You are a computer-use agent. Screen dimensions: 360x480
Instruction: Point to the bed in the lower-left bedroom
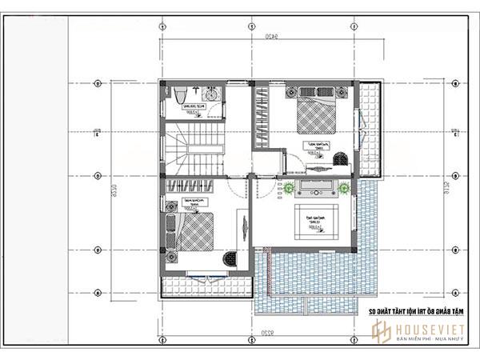click(194, 233)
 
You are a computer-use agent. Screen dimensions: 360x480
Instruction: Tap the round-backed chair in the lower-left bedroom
click(229, 258)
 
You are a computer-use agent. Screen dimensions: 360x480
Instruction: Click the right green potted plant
click(342, 190)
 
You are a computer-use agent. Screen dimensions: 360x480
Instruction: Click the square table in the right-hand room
click(314, 221)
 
